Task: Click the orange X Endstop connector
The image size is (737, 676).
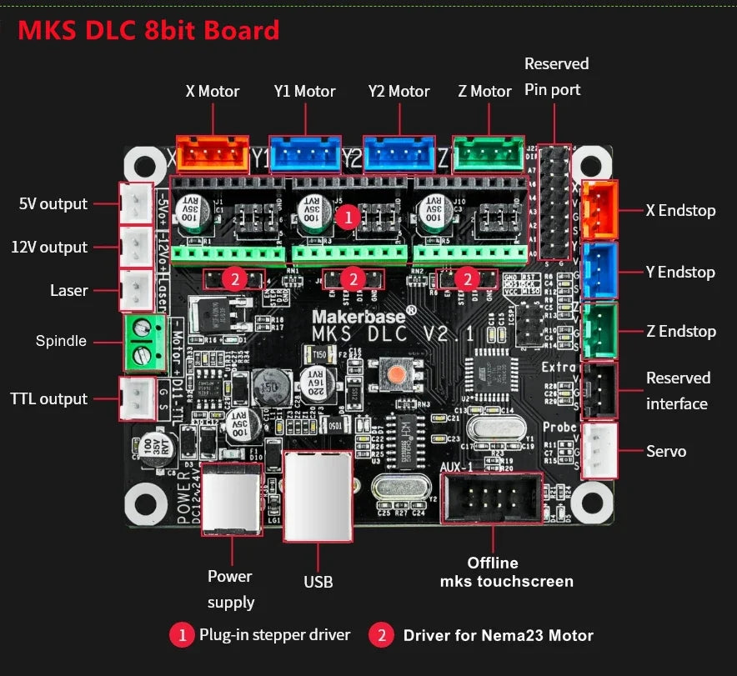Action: [599, 209]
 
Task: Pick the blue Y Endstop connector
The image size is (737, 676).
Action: [599, 270]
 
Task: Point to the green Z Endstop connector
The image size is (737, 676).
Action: [599, 331]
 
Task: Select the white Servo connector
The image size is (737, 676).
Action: [599, 451]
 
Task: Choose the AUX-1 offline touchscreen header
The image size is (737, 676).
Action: [492, 498]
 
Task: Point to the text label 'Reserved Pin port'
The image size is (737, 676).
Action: [556, 76]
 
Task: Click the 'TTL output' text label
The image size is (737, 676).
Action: [48, 399]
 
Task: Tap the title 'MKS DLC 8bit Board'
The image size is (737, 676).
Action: [148, 31]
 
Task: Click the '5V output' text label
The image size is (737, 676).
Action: [53, 204]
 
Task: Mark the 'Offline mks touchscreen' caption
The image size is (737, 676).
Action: [506, 572]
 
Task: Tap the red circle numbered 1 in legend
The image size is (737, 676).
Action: [182, 635]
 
